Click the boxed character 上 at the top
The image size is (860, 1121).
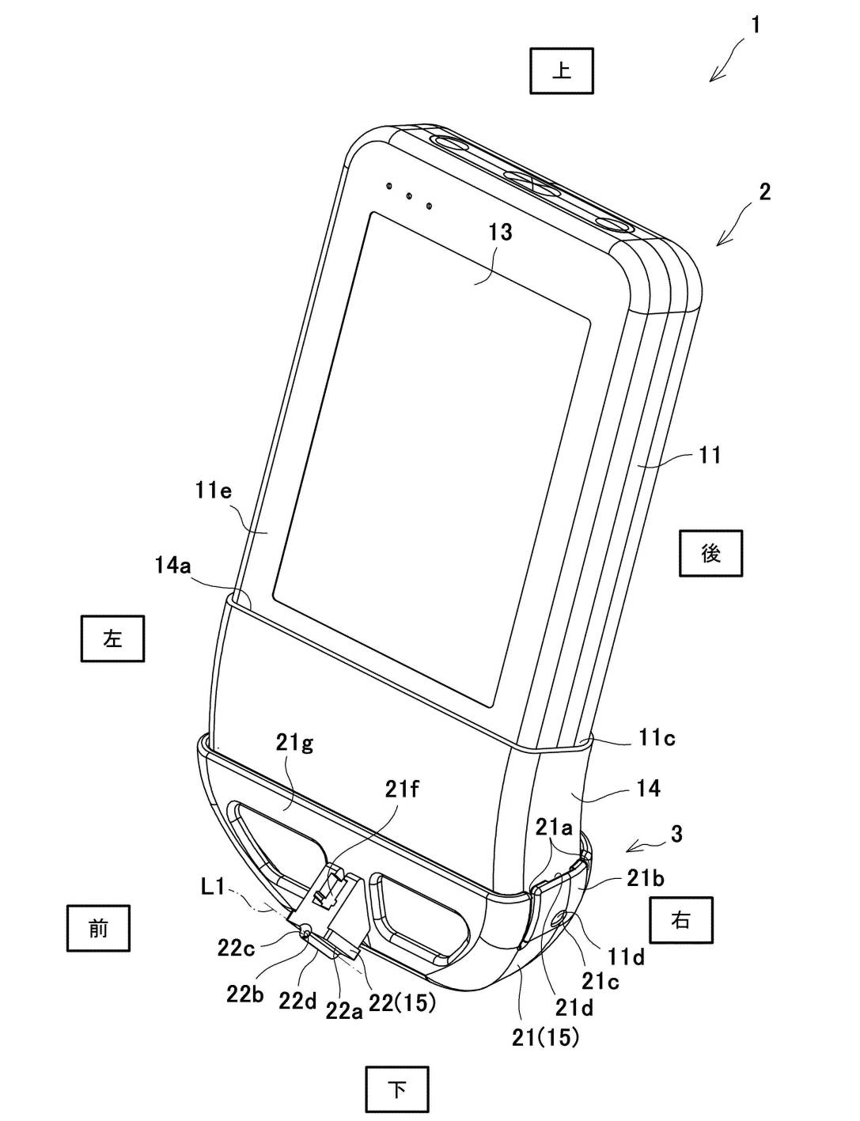(561, 71)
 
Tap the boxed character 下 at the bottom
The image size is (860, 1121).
(397, 1089)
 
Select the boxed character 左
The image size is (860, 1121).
(112, 638)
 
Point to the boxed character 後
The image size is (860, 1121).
(710, 553)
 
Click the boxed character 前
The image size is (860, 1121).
(97, 928)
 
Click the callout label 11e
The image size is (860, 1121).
(213, 490)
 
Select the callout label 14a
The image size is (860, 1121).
(172, 566)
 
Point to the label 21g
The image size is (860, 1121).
(294, 744)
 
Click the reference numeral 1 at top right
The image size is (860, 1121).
(755, 25)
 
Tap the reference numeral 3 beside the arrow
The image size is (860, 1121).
(676, 833)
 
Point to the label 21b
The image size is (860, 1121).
(646, 879)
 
